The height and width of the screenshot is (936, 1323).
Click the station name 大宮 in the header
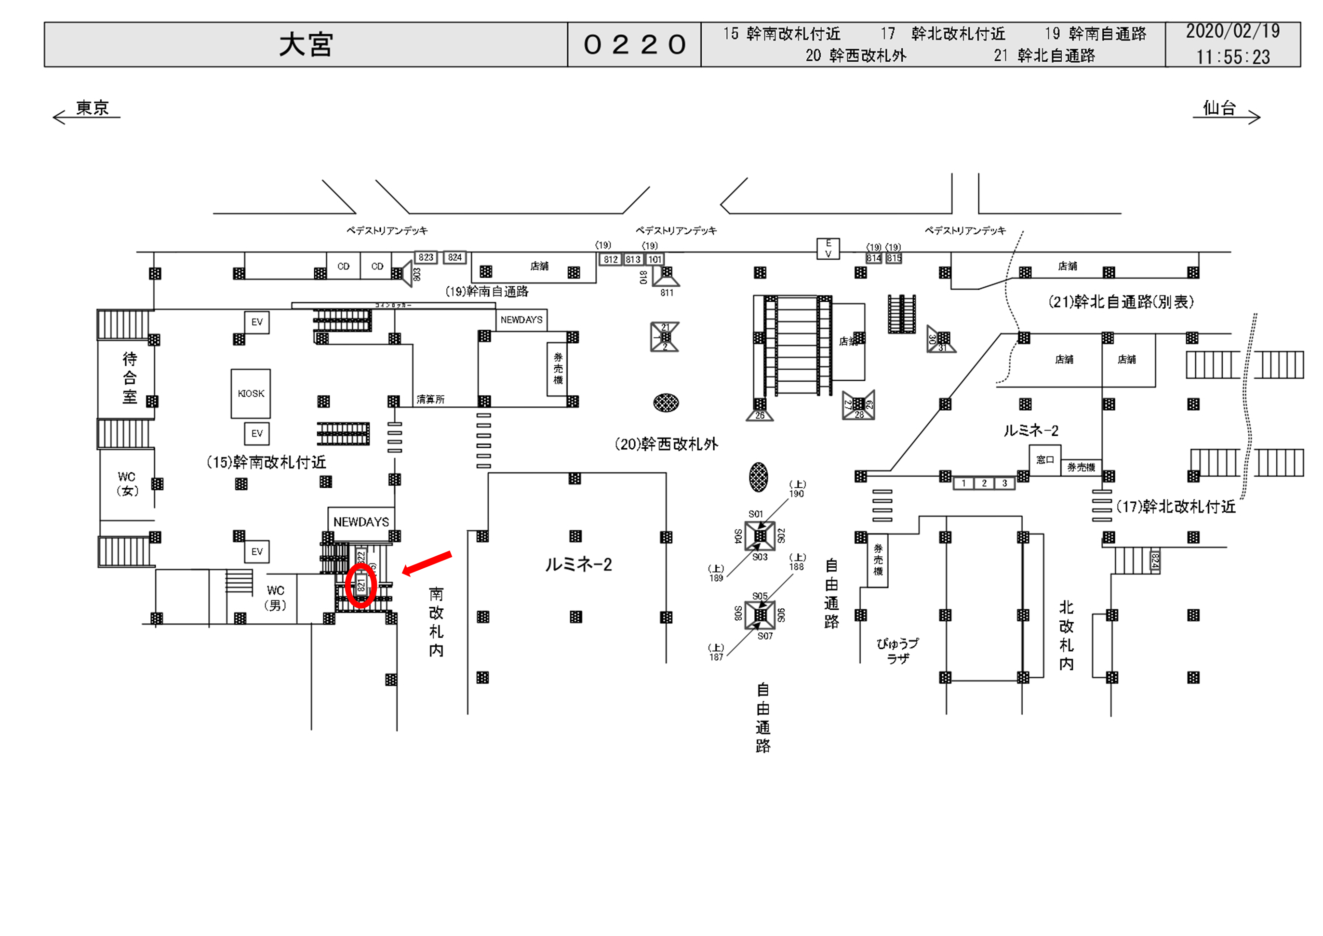point(306,44)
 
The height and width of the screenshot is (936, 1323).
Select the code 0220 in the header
point(634,44)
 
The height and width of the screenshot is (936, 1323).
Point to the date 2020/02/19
point(1232,31)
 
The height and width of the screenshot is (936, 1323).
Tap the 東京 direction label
point(92,108)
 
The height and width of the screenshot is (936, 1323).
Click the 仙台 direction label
point(1219,108)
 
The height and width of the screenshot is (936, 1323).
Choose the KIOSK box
point(251,394)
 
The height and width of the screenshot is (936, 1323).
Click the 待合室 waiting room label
point(130,377)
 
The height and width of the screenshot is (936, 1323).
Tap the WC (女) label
point(127,483)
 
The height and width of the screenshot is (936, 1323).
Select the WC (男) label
point(275,598)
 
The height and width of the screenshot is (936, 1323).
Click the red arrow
point(427,562)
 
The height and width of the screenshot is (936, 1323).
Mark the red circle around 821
point(361,585)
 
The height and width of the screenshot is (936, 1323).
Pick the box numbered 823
point(426,258)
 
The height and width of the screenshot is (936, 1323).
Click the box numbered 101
point(655,259)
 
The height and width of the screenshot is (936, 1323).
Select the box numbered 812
point(611,259)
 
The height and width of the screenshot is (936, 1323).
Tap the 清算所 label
point(430,400)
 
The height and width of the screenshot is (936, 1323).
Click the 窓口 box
point(1045,460)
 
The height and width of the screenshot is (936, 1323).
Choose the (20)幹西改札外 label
point(666,444)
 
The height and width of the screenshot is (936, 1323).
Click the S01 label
point(755,513)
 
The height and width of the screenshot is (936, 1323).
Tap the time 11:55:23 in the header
point(1232,57)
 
